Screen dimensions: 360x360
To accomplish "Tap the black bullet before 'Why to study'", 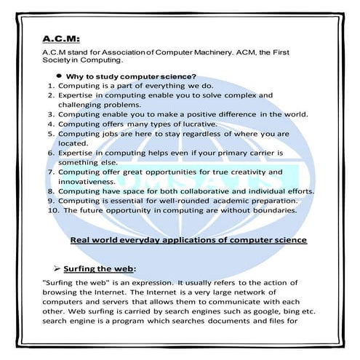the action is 57,76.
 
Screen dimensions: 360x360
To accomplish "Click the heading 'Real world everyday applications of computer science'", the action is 188,240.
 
